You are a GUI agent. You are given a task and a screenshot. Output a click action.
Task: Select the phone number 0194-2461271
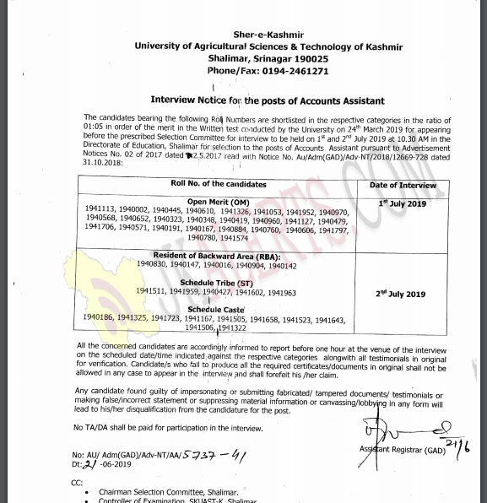point(268,72)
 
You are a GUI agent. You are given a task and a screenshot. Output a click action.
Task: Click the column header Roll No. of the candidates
point(218,183)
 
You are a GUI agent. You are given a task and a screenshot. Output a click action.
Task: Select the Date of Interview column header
point(403,184)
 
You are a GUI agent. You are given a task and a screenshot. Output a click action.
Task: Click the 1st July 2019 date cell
point(403,204)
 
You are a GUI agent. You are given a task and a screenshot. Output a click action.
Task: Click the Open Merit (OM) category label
point(218,202)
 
